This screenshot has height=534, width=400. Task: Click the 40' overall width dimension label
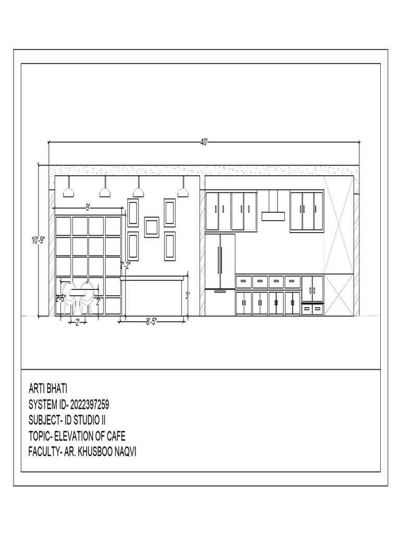(204, 142)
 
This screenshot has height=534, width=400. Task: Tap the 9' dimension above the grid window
(89, 207)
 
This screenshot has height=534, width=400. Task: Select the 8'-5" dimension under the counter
(152, 322)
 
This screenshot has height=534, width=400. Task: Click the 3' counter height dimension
(188, 295)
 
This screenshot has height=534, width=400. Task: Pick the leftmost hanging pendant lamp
(68, 192)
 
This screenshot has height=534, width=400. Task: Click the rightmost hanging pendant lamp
(182, 192)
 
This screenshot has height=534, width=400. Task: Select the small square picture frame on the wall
(152, 227)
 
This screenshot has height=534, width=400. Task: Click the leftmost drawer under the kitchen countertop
(243, 282)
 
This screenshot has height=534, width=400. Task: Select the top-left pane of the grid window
(64, 226)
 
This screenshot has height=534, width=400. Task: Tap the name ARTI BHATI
(47, 389)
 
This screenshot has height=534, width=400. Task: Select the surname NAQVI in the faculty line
(124, 451)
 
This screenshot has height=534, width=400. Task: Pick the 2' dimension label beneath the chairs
(77, 322)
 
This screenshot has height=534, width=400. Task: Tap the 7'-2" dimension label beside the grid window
(125, 265)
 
